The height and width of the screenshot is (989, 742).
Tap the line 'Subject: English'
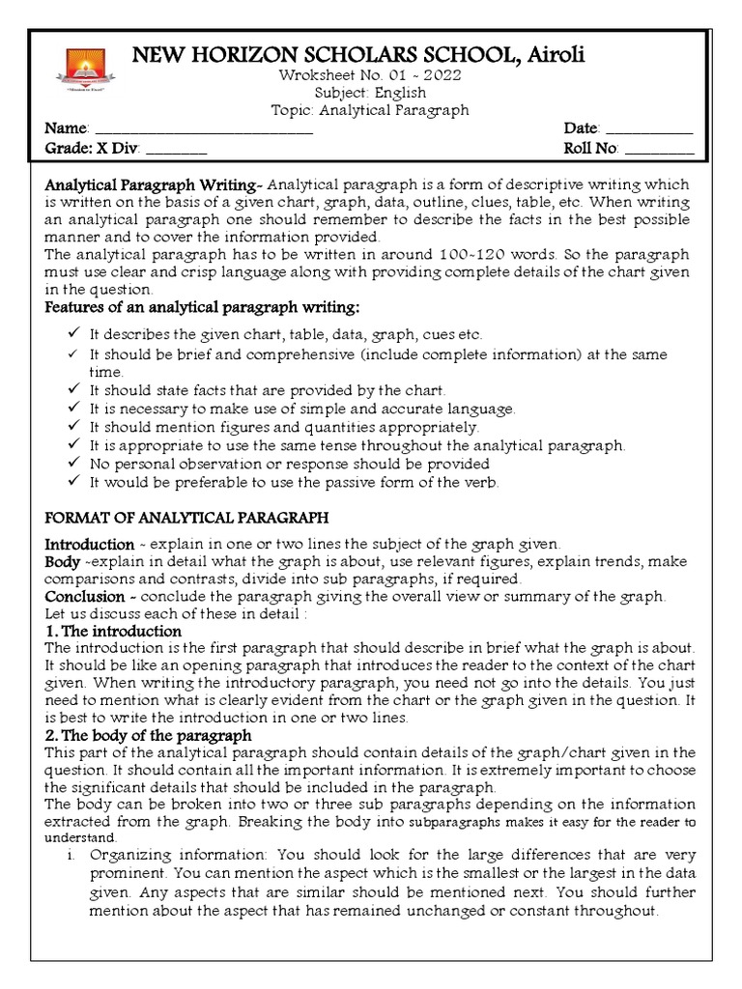(380, 94)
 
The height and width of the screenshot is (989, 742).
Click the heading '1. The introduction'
(114, 632)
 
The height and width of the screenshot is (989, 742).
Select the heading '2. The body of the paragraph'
(148, 737)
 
